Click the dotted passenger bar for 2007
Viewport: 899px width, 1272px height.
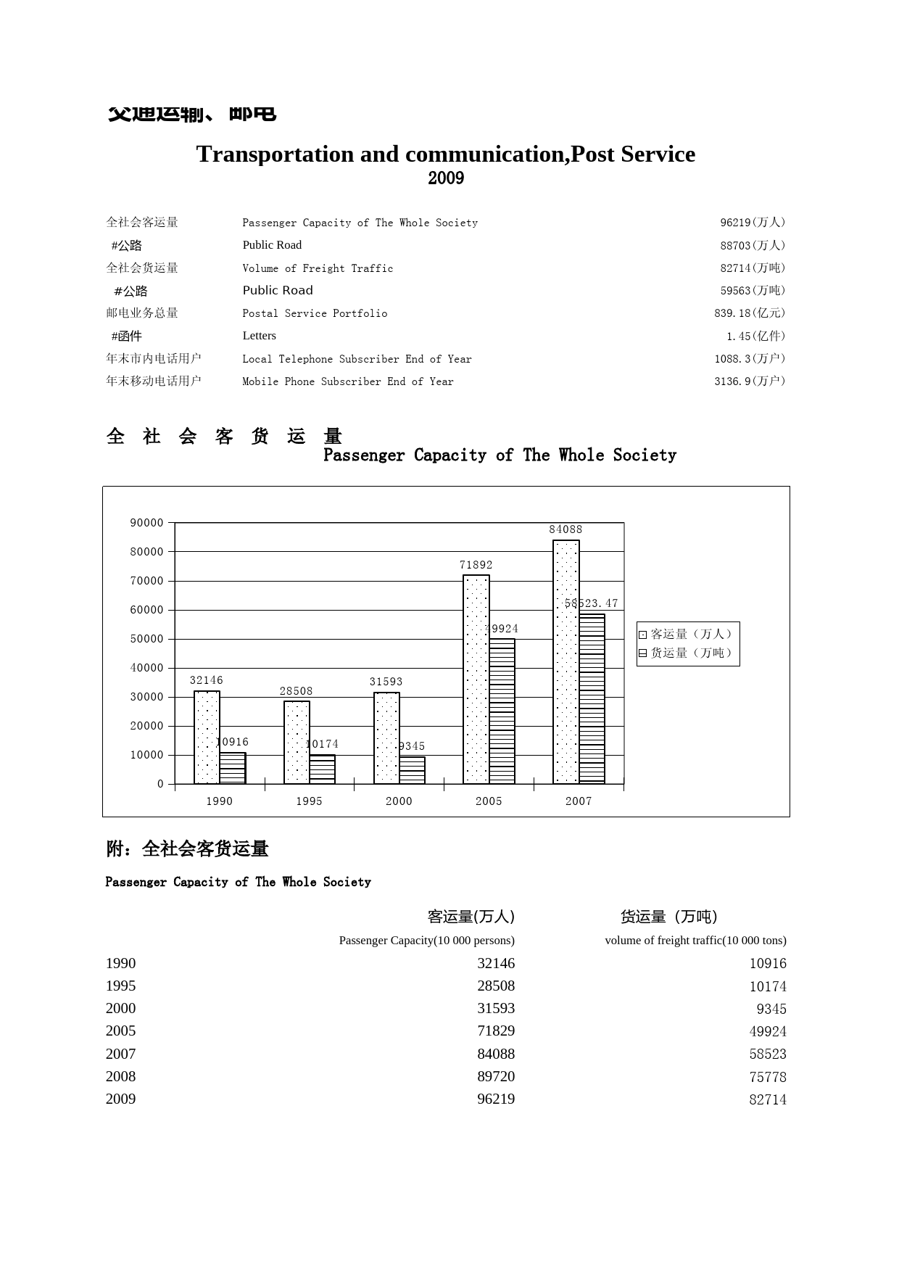[x=565, y=661]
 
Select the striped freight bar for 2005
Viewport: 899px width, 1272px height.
[x=502, y=711]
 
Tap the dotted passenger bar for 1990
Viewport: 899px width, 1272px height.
[x=207, y=737]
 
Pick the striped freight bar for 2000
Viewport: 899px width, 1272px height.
[x=412, y=770]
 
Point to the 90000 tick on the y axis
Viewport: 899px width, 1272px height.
[x=146, y=523]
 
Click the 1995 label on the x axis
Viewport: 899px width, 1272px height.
[x=309, y=801]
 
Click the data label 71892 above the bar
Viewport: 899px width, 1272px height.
[x=476, y=565]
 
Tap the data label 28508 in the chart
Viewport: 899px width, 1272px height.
[x=296, y=691]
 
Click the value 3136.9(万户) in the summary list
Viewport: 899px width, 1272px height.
[x=750, y=381]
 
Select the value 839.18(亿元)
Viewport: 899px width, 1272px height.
[x=750, y=313]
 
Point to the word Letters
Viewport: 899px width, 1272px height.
[x=260, y=336]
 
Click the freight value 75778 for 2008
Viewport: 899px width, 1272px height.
[x=768, y=1077]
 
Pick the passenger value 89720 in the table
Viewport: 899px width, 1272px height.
[x=496, y=1077]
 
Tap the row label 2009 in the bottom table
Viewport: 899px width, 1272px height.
[x=121, y=1099]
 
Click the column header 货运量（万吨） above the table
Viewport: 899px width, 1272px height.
[x=668, y=917]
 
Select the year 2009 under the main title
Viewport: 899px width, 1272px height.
[x=446, y=178]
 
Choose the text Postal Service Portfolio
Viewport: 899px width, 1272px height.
[x=315, y=313]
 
